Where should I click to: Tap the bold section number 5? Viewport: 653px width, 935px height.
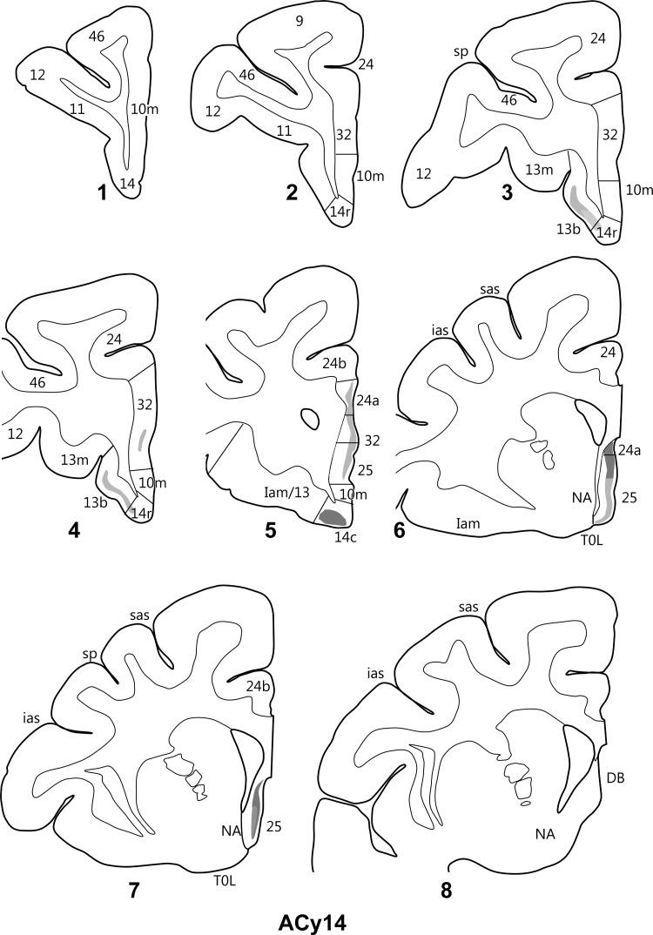click(271, 531)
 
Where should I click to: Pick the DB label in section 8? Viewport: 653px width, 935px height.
click(616, 778)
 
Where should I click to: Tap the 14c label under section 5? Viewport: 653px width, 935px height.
click(341, 536)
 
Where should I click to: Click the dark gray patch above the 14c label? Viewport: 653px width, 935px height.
click(332, 516)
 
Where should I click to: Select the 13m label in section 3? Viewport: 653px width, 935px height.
click(539, 171)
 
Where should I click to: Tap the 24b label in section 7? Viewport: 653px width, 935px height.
click(258, 687)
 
